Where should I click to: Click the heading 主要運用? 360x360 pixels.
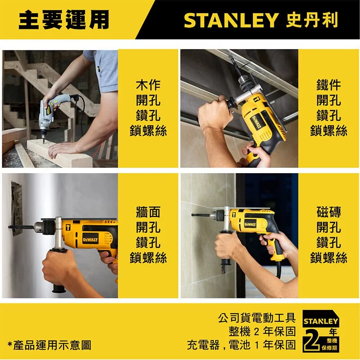pyautogui.click(x=64, y=20)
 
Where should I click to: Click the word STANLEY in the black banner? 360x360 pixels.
pyautogui.click(x=231, y=20)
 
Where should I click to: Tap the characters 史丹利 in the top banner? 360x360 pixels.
pyautogui.click(x=312, y=20)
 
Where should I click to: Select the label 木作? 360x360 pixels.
pyautogui.click(x=148, y=85)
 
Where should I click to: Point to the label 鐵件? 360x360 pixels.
pyautogui.click(x=328, y=85)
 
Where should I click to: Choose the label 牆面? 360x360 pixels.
pyautogui.click(x=148, y=212)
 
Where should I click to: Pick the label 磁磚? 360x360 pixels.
pyautogui.click(x=328, y=212)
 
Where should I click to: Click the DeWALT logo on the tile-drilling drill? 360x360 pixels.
pyautogui.click(x=250, y=224)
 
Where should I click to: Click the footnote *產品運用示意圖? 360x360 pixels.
pyautogui.click(x=49, y=345)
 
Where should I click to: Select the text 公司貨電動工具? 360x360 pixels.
pyautogui.click(x=256, y=318)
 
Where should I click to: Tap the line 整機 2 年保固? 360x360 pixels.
pyautogui.click(x=262, y=331)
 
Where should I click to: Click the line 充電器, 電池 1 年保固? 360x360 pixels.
pyautogui.click(x=241, y=345)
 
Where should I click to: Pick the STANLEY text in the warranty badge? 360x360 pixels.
pyautogui.click(x=321, y=321)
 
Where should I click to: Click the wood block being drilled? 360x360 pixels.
pyautogui.click(x=59, y=153)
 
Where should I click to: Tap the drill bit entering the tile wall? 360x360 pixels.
pyautogui.click(x=200, y=215)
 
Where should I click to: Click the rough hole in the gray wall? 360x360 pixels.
pyautogui.click(x=17, y=208)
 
